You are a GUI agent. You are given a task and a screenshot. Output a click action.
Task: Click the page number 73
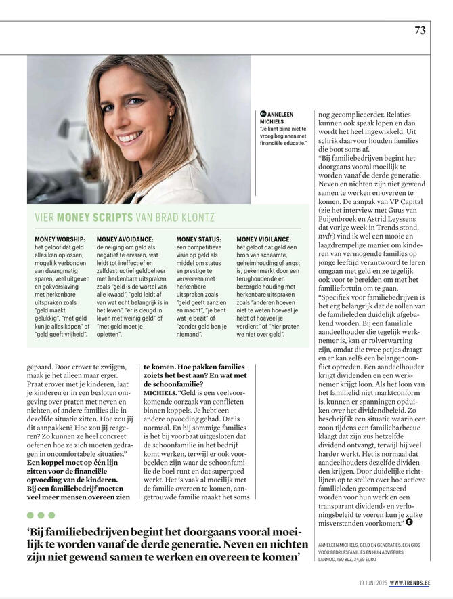click(x=420, y=30)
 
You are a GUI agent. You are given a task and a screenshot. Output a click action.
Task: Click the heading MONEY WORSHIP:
click(x=60, y=239)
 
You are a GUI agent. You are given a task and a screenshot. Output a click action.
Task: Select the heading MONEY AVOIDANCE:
click(x=125, y=239)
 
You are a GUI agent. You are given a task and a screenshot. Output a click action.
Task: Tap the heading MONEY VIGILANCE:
click(x=263, y=239)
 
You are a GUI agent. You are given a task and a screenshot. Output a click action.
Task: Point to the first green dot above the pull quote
click(x=31, y=515)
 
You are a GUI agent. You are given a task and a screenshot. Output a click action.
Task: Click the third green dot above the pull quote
click(x=51, y=515)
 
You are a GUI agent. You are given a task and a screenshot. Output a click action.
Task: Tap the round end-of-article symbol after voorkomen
click(x=410, y=522)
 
